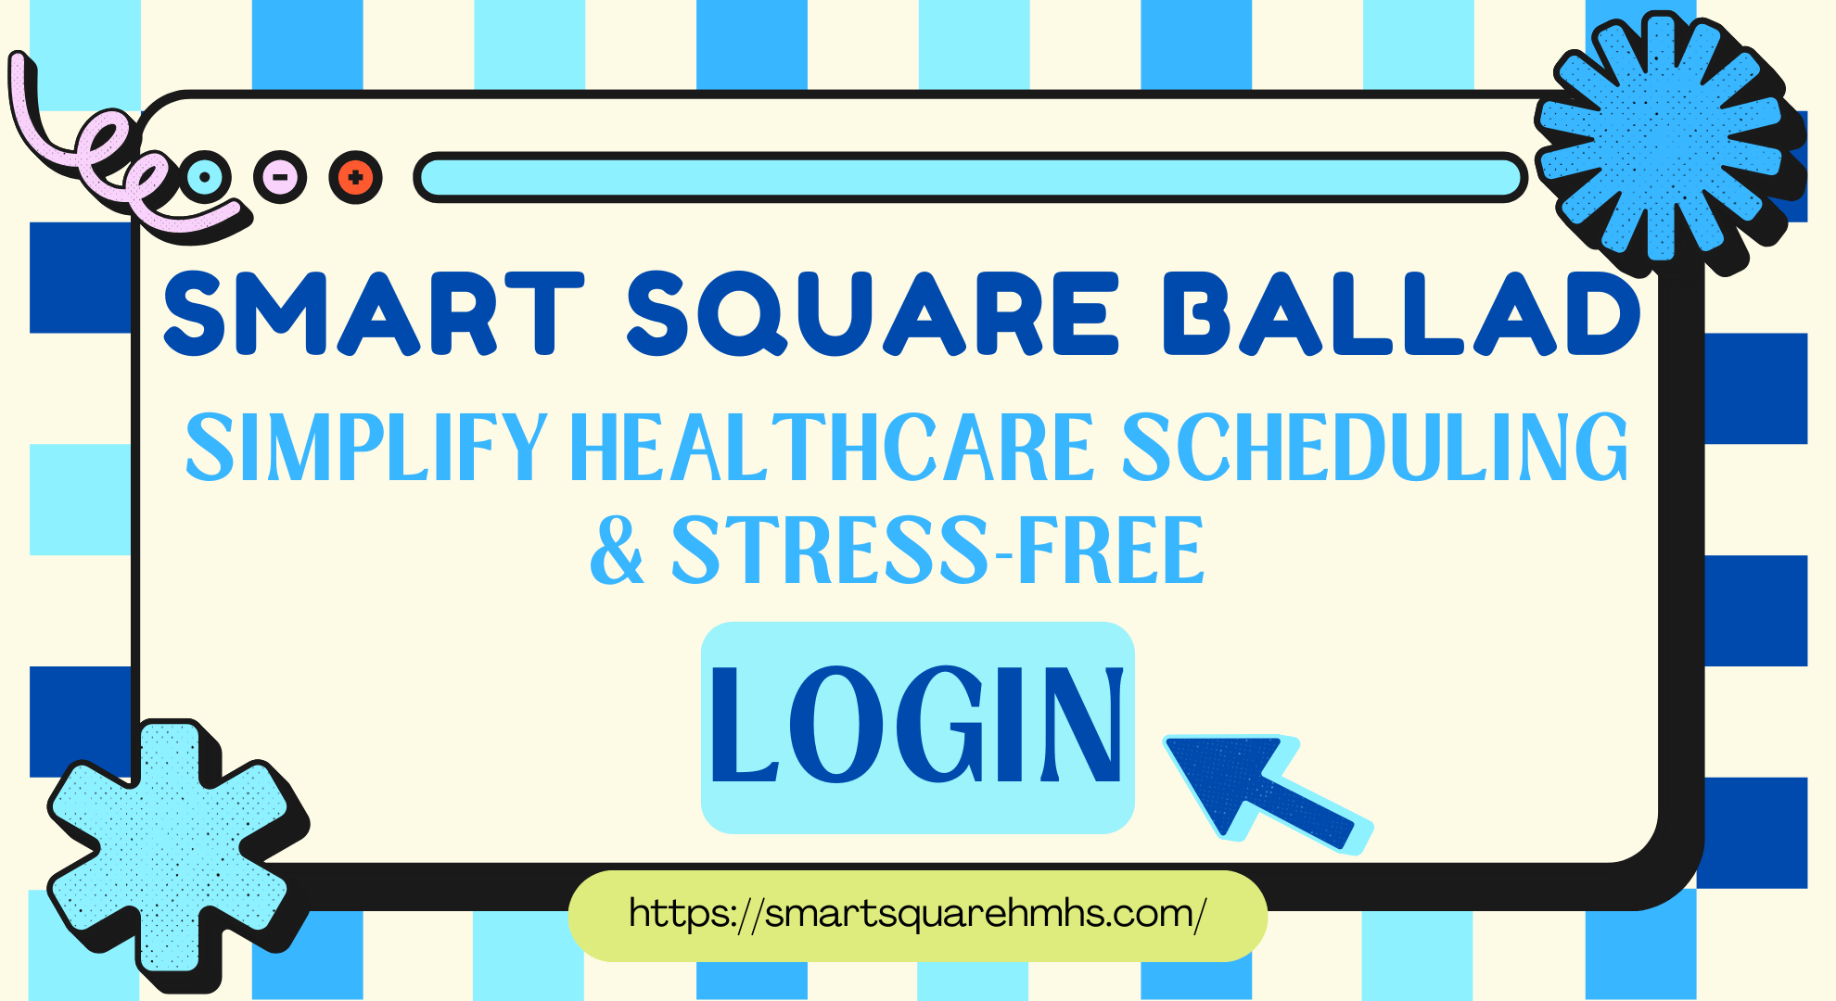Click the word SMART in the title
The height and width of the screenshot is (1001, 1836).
tap(373, 313)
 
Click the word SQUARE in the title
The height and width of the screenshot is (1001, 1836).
tap(873, 313)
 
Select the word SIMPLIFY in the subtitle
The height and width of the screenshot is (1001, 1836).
tap(366, 449)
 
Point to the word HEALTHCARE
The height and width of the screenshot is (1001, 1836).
tap(833, 449)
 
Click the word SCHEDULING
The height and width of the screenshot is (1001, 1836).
tap(1375, 449)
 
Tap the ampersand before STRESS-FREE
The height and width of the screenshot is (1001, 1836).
tap(617, 551)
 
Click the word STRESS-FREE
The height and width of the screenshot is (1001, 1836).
tap(937, 551)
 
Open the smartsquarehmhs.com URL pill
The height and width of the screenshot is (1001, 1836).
tap(917, 915)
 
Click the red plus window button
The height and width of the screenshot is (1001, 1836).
tap(355, 176)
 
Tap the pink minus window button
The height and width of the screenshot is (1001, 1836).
tap(280, 176)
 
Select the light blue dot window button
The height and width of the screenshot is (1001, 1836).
tap(205, 176)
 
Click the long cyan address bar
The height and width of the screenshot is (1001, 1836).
tap(969, 177)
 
